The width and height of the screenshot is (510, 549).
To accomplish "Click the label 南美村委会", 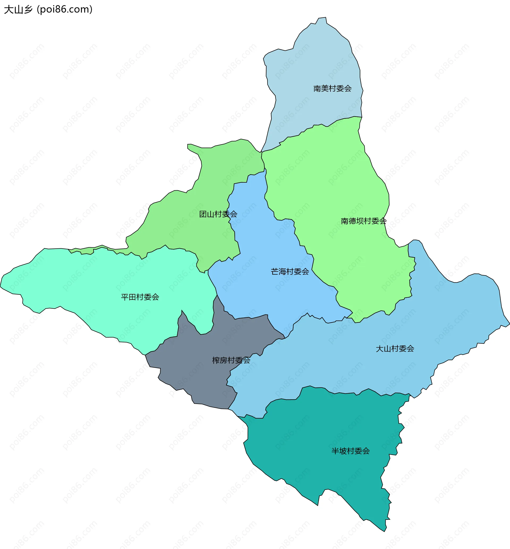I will (332, 89).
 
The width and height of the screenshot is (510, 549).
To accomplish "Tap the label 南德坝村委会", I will (363, 221).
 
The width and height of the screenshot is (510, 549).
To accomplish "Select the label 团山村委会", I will (218, 214).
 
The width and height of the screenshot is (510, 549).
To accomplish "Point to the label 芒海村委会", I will (290, 272).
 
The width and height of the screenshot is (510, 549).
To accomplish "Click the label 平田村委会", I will (140, 297).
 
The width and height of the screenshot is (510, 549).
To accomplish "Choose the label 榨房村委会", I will (231, 360).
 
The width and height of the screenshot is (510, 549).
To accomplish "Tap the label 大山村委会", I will (395, 349).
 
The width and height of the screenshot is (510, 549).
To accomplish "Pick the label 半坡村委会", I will (350, 451).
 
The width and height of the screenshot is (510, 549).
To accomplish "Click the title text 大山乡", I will (18, 9).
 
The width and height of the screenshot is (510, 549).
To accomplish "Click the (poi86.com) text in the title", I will (65, 9).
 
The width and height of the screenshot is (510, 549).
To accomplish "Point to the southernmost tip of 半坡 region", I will (384, 531).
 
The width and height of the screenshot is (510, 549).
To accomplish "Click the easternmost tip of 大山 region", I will (509, 324).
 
